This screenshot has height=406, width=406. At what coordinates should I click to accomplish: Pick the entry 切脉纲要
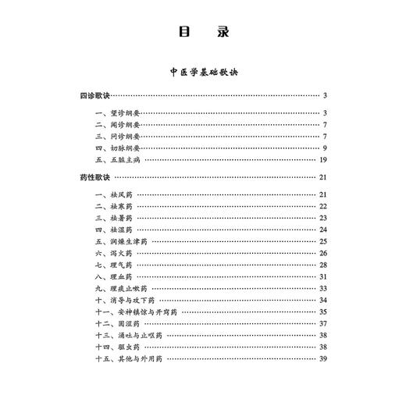124,148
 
